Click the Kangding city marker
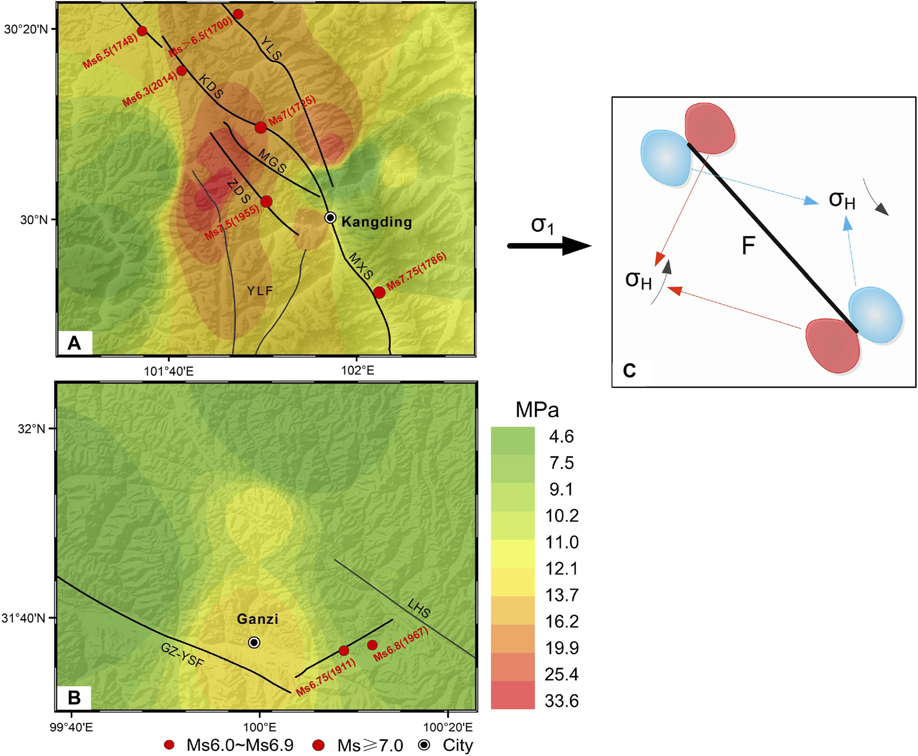coord(331,218)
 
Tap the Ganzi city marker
coord(254,642)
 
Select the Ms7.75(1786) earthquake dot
coord(379,292)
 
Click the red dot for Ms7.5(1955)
coord(266,202)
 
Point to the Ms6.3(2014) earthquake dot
coord(181,71)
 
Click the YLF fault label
coord(260,291)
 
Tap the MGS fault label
coord(272,162)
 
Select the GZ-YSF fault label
coord(182,655)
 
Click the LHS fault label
coord(419,608)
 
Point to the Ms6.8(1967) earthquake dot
coord(372,645)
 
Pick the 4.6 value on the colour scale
coord(561,437)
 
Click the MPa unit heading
coord(537,410)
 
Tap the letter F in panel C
coord(748,245)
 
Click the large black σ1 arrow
coord(549,245)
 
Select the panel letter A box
coord(75,343)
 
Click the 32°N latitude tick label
coord(32,429)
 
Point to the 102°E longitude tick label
coord(357,370)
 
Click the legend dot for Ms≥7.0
coord(319,745)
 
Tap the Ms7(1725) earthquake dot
coord(261,127)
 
